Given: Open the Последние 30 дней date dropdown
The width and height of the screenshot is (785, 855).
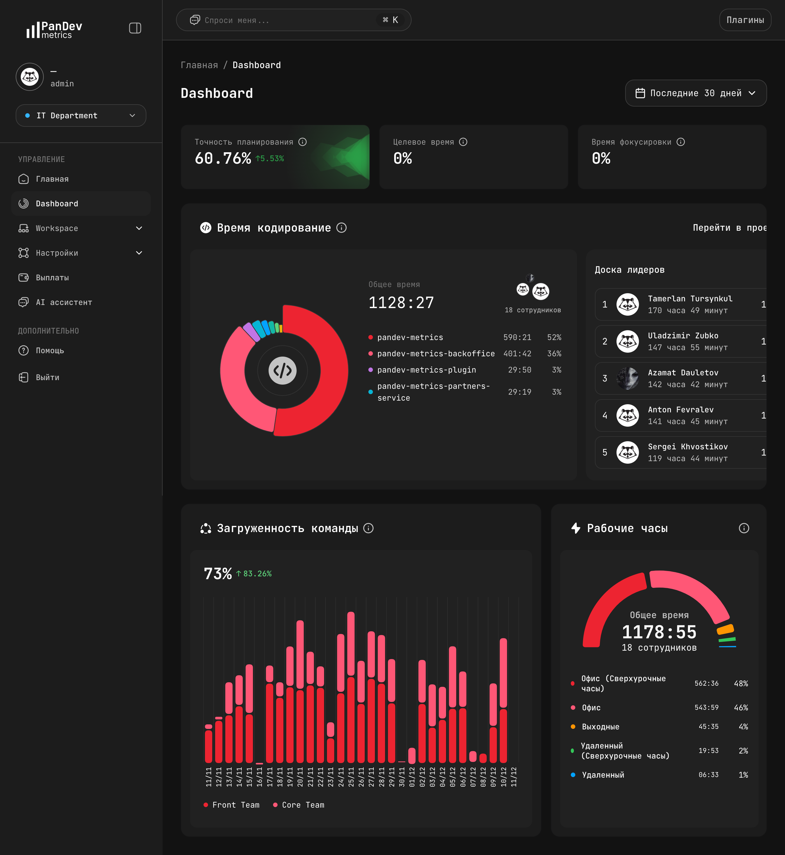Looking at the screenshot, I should coord(695,93).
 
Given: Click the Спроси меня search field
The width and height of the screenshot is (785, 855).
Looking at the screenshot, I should coord(289,20).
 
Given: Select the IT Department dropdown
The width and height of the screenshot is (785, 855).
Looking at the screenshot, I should coord(81,115).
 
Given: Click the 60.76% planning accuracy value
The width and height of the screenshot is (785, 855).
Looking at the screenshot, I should coord(223,158).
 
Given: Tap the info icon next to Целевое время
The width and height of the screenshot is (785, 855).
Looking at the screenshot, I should coord(463,142).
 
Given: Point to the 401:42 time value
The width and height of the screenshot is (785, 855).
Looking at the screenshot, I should coord(517,353).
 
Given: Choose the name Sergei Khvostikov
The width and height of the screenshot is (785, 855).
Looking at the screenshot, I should coord(687,446).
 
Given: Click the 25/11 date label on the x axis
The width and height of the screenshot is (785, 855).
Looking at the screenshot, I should coord(351,777).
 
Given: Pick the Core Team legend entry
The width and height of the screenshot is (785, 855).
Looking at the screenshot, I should coord(303,805).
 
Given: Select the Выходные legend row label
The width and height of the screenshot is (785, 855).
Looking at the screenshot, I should coord(600,727).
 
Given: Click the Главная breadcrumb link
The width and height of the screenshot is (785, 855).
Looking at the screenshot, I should coord(199,65).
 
